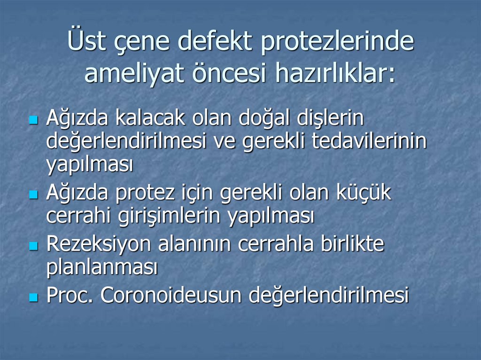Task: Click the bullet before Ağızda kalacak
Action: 33,120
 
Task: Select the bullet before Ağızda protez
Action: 33,194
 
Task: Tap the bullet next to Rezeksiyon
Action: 33,246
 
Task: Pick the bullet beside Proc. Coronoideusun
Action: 33,297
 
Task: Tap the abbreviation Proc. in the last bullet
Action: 70,296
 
